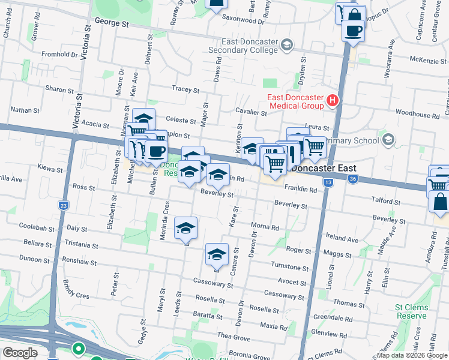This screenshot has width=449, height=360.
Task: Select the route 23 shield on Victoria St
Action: (x=64, y=205)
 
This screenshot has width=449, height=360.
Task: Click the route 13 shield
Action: (x=327, y=182)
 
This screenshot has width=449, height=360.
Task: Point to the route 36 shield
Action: (x=353, y=179)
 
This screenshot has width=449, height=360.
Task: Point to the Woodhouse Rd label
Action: (x=418, y=114)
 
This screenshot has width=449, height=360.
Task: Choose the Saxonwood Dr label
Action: (x=243, y=20)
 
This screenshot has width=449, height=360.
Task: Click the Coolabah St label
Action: (x=32, y=226)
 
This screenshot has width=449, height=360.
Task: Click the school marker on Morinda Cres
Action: (x=186, y=228)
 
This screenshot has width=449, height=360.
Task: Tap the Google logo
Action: (x=20, y=353)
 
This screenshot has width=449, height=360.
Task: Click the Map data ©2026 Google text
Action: (x=412, y=355)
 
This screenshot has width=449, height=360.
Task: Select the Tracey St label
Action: (x=185, y=90)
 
